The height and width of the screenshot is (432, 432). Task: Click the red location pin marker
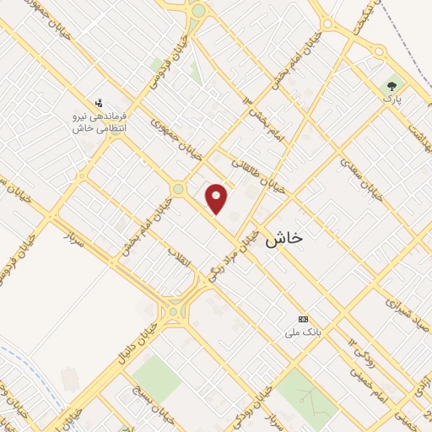pyautogui.click(x=218, y=198)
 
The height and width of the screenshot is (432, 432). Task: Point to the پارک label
pyautogui.click(x=391, y=98)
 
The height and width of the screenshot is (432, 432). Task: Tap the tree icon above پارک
pyautogui.click(x=391, y=85)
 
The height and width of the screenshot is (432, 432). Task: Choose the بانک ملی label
pyautogui.click(x=303, y=332)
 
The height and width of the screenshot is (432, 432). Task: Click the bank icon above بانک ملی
pyautogui.click(x=303, y=319)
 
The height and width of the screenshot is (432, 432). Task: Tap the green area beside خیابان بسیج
pyautogui.click(x=156, y=377)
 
